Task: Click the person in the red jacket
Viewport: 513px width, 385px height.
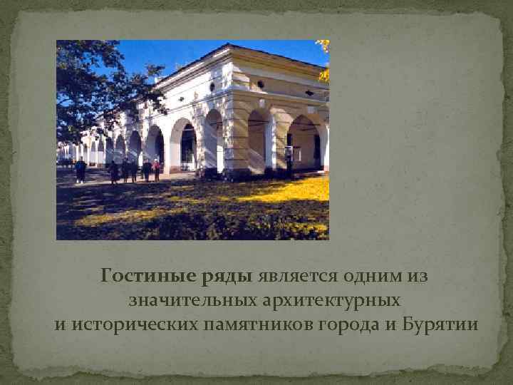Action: (156, 170)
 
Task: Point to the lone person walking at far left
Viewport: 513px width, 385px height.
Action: (81, 170)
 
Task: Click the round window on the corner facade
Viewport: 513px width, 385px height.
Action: (261, 85)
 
